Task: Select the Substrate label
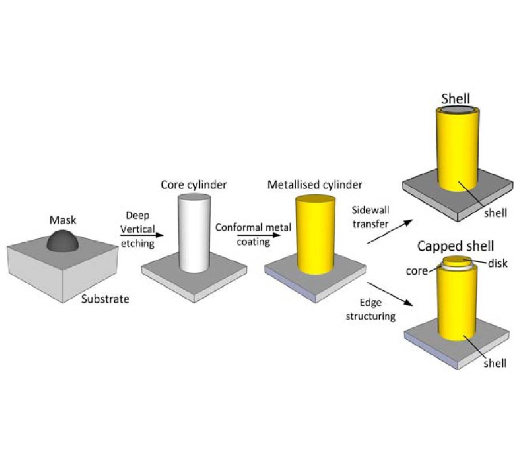pyautogui.click(x=105, y=298)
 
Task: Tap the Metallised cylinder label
pyautogui.click(x=315, y=185)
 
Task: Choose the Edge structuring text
pyautogui.click(x=371, y=309)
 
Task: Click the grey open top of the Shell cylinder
pyautogui.click(x=455, y=110)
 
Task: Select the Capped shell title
pyautogui.click(x=456, y=246)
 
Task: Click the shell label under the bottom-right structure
pyautogui.click(x=494, y=363)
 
